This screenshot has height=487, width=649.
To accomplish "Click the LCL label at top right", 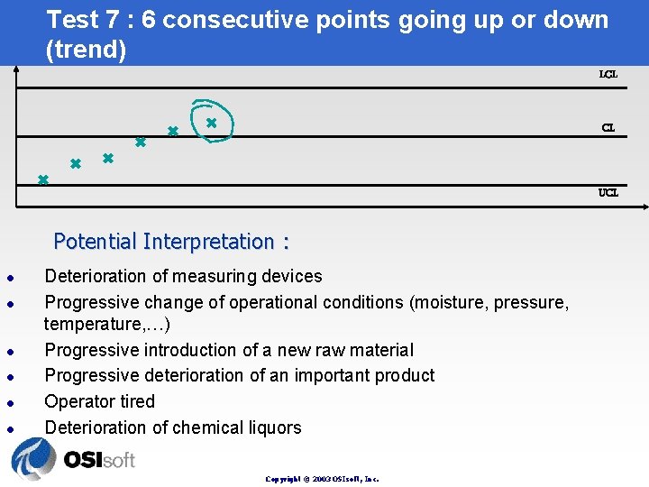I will pos(608,74).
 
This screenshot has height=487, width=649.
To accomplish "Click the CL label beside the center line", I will pos(608,128).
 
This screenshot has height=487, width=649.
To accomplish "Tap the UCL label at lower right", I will pos(608,192).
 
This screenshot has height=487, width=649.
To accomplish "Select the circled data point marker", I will pos(211,122).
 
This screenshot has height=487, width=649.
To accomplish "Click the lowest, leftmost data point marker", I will pos(42,179).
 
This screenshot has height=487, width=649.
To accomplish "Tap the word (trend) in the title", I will pos(86,50).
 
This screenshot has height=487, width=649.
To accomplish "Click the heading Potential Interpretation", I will pos(171,242).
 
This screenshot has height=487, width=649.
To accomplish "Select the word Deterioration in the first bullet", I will pos(98,276).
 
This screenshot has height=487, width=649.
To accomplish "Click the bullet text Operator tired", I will pos(100,401).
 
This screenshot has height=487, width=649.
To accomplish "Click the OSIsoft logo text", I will pos(99,460).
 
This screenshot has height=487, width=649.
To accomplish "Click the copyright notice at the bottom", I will pos(322,479).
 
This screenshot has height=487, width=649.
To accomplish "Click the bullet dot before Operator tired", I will pos(7,402).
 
